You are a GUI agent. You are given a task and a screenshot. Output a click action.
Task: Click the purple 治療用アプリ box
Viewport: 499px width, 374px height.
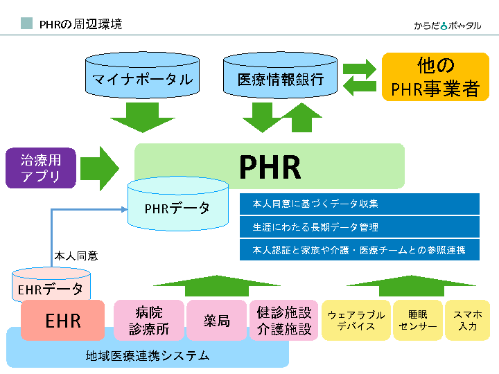tap(41, 168)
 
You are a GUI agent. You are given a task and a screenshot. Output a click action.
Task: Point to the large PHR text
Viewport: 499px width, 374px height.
tap(270, 166)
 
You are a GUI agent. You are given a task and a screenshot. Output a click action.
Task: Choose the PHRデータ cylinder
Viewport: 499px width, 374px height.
tap(177, 206)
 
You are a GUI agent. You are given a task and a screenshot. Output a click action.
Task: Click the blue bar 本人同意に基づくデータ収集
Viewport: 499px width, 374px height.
tap(359, 204)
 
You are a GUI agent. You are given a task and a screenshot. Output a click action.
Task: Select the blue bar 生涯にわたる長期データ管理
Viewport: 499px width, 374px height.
tap(359, 226)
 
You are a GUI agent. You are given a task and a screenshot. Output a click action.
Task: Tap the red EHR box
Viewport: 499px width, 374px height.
tap(63, 320)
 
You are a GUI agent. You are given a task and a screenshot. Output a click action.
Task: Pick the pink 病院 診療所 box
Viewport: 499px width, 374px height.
tap(148, 320)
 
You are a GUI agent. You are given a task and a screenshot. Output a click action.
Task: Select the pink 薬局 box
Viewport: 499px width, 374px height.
tap(216, 320)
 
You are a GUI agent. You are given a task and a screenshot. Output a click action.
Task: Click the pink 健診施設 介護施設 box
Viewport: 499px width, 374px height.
tap(283, 320)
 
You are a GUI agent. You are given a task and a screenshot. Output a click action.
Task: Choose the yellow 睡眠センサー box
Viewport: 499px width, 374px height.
tap(418, 320)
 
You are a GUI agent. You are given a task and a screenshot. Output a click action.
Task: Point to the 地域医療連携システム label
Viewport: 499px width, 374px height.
tap(147, 356)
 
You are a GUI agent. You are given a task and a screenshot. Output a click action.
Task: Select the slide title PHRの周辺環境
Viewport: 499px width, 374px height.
tap(80, 24)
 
